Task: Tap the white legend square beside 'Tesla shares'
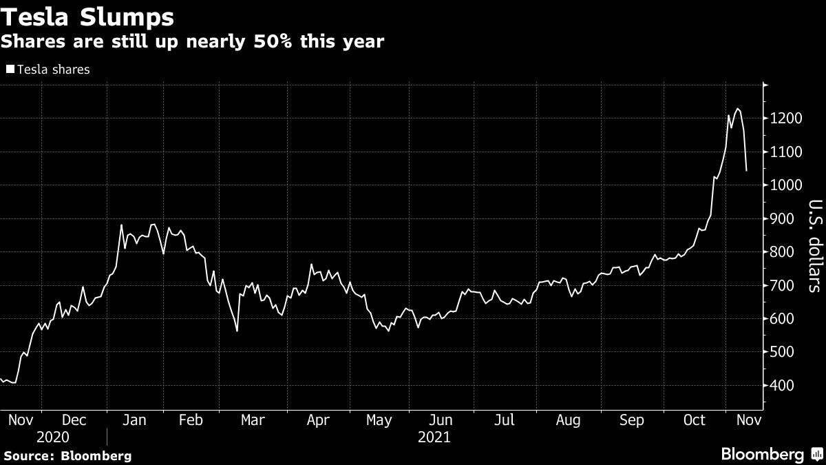(x=10, y=69)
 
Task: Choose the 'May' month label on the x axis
(x=379, y=420)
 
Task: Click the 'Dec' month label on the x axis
(x=74, y=420)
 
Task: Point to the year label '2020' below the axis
(x=53, y=437)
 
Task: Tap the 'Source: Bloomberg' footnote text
(x=67, y=455)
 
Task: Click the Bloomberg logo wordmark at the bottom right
(x=762, y=454)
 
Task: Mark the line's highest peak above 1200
(x=737, y=109)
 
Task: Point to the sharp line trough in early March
(x=237, y=331)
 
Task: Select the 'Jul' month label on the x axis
(x=505, y=420)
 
